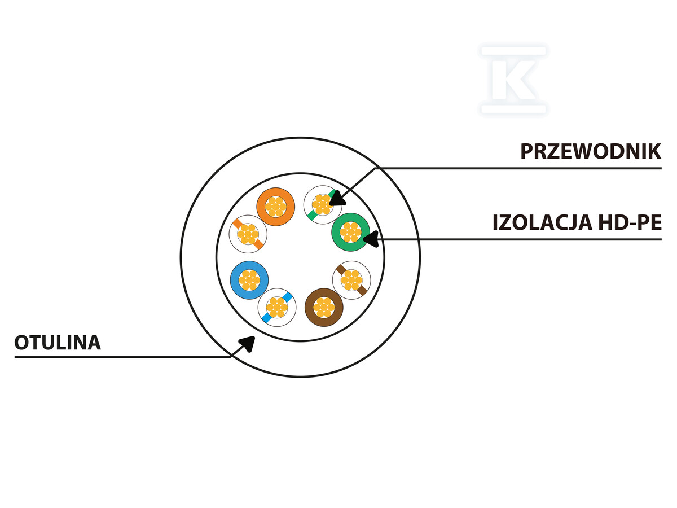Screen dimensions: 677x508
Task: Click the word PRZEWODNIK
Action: pyautogui.click(x=591, y=151)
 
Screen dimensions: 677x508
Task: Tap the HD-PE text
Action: pyautogui.click(x=630, y=222)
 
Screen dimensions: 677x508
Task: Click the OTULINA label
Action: pyautogui.click(x=58, y=343)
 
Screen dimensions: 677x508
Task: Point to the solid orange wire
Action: pyautogui.click(x=275, y=207)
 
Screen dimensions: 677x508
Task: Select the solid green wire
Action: pyautogui.click(x=351, y=232)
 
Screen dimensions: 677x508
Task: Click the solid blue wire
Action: pyautogui.click(x=249, y=280)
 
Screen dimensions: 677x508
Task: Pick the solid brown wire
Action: pyautogui.click(x=324, y=307)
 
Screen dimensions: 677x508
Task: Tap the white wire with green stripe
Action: pyautogui.click(x=323, y=205)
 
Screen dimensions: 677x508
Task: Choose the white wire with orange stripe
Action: pyautogui.click(x=248, y=234)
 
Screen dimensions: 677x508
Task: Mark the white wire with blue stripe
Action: pyautogui.click(x=277, y=308)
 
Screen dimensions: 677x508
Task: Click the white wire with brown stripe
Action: pyautogui.click(x=351, y=280)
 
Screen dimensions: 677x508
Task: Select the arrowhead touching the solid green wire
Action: pyautogui.click(x=371, y=239)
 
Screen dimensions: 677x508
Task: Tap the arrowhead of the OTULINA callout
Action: pyautogui.click(x=248, y=344)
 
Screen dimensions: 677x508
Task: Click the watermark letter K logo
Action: pyautogui.click(x=513, y=80)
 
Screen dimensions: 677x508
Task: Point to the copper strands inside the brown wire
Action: pyautogui.click(x=324, y=307)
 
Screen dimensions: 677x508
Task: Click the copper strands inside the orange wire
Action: pyautogui.click(x=275, y=207)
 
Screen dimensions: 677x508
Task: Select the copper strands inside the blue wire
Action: pyautogui.click(x=249, y=280)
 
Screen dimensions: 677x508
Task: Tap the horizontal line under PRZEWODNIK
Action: pyautogui.click(x=518, y=168)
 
